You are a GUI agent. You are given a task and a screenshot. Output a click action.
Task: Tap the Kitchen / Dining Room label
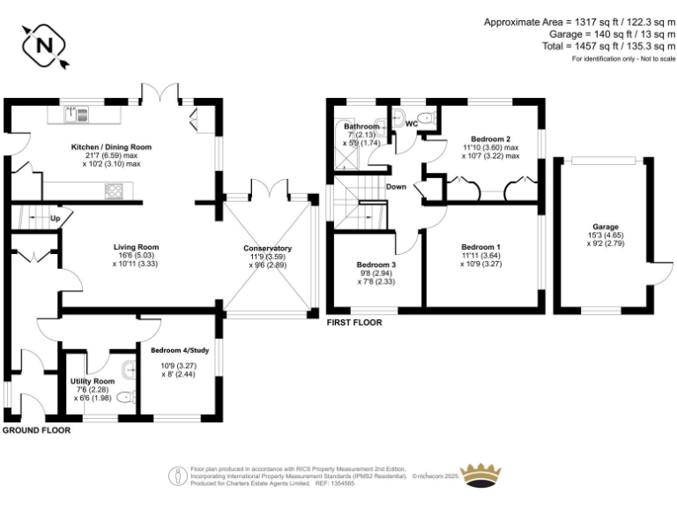pos(112,147)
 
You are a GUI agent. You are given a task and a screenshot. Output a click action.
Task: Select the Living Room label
pos(136,247)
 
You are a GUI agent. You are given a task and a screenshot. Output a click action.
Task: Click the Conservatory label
pos(268,249)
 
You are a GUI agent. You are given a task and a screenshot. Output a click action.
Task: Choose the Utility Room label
pos(93,381)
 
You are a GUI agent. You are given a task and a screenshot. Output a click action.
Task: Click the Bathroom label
pos(361,127)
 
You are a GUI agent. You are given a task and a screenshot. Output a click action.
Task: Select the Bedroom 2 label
pos(490,139)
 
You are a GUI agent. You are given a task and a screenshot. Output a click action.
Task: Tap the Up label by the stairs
pos(55,218)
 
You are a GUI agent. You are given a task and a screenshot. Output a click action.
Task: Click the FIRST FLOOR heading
pos(353,323)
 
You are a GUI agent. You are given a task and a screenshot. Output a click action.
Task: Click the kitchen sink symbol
pos(78,114)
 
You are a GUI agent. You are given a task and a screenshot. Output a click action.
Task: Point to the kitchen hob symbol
pos(115,189)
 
